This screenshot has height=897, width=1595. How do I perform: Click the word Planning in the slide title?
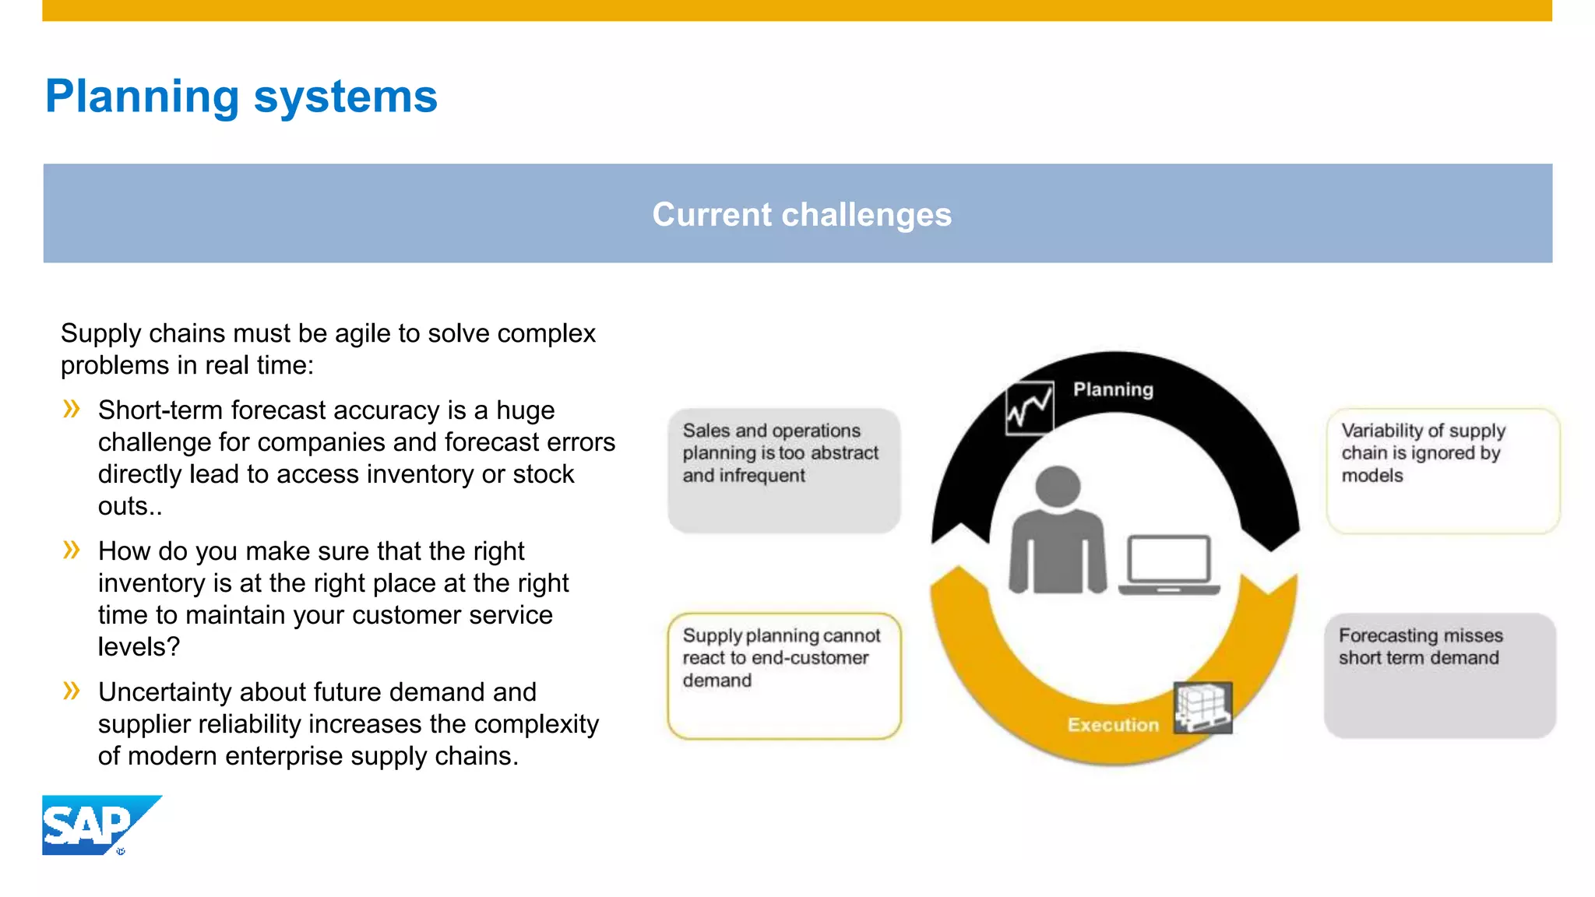click(x=142, y=97)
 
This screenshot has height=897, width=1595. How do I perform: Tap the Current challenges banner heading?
click(x=801, y=214)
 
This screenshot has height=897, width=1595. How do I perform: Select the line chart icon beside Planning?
click(x=1029, y=407)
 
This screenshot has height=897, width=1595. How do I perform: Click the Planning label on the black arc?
click(x=1113, y=389)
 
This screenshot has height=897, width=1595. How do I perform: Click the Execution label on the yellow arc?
click(x=1113, y=725)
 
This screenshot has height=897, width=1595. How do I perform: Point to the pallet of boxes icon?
click(x=1202, y=707)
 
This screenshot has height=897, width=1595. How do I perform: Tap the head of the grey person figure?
click(x=1057, y=486)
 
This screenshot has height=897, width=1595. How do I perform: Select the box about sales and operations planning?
click(x=783, y=470)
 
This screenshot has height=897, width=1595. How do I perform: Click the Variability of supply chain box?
click(x=1442, y=470)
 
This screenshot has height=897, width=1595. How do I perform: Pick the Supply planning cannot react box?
click(x=783, y=675)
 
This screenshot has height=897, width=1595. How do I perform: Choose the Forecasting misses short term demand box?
click(x=1439, y=675)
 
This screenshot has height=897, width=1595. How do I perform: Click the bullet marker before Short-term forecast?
click(x=72, y=409)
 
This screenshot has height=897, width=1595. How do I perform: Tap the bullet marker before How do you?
click(x=72, y=550)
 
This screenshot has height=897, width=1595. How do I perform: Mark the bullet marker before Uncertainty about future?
click(x=72, y=691)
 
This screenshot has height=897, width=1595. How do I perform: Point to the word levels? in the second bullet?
click(x=139, y=647)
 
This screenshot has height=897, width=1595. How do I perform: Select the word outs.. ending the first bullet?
click(x=129, y=507)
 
